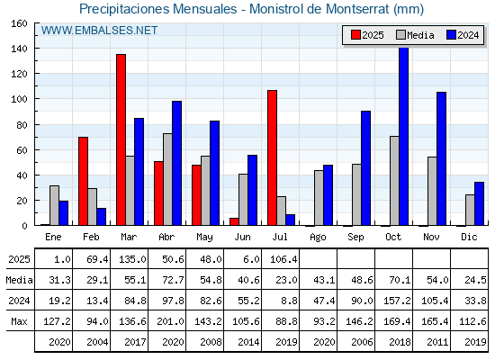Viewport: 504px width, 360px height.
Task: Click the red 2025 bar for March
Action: click(x=121, y=139)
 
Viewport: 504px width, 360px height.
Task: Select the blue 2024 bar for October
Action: click(x=403, y=136)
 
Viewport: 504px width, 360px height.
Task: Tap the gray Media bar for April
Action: click(x=167, y=179)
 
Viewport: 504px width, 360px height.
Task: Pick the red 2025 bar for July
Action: click(x=272, y=157)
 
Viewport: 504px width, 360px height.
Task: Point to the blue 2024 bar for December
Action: click(x=479, y=203)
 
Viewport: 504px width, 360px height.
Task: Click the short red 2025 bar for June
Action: click(x=234, y=221)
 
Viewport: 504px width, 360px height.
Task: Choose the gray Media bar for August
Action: click(x=319, y=198)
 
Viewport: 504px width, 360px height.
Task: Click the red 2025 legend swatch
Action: click(x=355, y=35)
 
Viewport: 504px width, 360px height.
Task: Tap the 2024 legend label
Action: click(x=468, y=35)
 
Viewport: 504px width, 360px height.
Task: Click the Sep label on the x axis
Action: click(x=355, y=237)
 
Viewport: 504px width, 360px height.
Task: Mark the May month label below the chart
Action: click(x=204, y=238)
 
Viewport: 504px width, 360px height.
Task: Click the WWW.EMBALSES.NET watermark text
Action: click(x=99, y=31)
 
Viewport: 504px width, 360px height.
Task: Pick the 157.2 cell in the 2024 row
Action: click(x=397, y=301)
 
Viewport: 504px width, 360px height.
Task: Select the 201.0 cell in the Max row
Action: click(x=170, y=321)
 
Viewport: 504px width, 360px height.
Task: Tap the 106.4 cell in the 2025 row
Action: click(x=283, y=259)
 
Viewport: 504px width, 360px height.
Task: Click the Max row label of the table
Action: click(x=19, y=321)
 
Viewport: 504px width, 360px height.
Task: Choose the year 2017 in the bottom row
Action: click(x=135, y=342)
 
